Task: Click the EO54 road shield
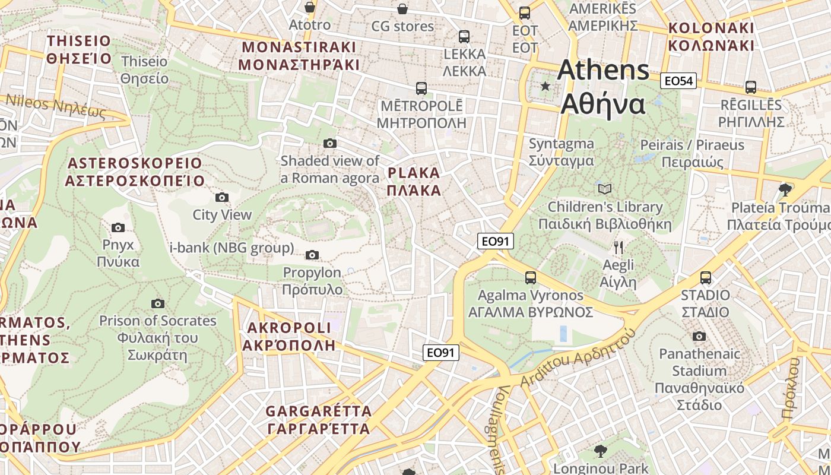point(678,81)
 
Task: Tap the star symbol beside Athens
point(545,87)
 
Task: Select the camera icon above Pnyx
point(118,227)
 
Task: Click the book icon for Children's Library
point(605,189)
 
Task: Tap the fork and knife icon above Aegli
point(619,247)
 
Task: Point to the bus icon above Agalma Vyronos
point(531,277)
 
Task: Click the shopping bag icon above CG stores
point(402,8)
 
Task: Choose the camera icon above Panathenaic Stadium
point(699,336)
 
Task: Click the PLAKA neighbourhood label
point(414,182)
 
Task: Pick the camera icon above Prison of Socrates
point(157,303)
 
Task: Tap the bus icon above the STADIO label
point(706,277)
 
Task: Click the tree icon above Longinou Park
point(601,451)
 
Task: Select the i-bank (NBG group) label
point(232,248)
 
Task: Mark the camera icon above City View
point(222,197)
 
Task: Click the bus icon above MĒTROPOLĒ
point(421,88)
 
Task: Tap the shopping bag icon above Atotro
point(309,7)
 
